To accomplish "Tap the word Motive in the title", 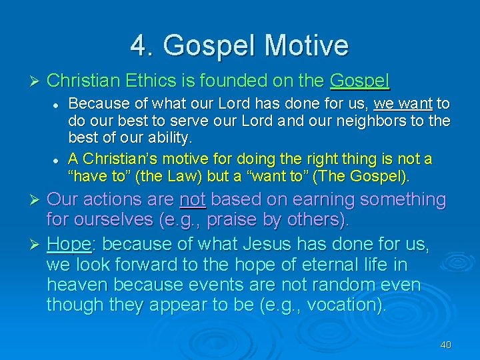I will (306, 45).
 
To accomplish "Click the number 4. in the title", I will (141, 45).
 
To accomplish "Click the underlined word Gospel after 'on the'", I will (360, 81).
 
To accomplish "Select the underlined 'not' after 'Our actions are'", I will (193, 199).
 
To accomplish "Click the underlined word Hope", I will (69, 244).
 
